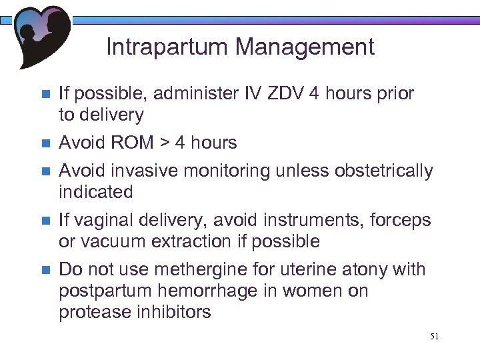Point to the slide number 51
434,337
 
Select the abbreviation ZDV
284,93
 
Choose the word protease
93,313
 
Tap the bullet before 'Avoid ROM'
45,143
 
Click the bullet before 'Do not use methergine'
45,270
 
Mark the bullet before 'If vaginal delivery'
45,221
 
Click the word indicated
96,192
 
